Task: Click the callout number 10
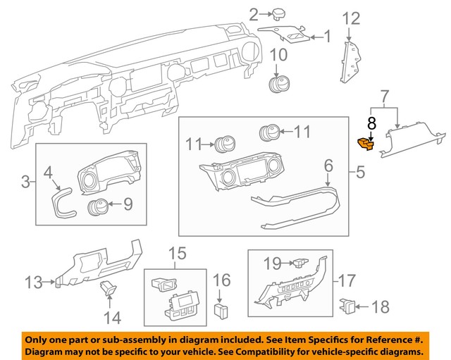[279, 55]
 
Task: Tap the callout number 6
[328, 166]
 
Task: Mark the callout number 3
[25, 183]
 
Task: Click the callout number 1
[327, 35]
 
